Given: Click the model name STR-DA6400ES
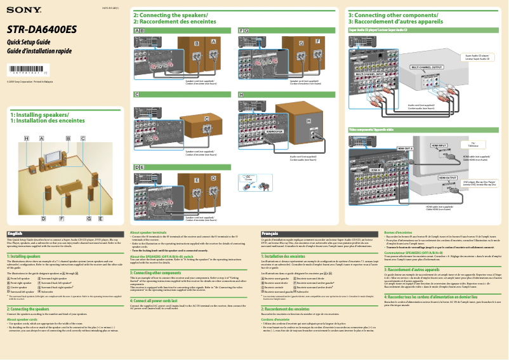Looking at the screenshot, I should click(x=42, y=29).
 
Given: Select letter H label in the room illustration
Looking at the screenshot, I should click(x=27, y=138).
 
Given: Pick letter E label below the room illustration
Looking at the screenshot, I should click(x=100, y=218).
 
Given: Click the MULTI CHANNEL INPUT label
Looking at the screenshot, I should click(x=369, y=74).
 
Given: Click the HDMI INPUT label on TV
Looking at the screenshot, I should click(x=439, y=145).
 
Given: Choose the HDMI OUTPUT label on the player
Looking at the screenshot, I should click(x=447, y=178).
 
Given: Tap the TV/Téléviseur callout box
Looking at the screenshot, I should click(x=473, y=144).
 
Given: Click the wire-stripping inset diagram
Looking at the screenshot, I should click(x=249, y=180).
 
